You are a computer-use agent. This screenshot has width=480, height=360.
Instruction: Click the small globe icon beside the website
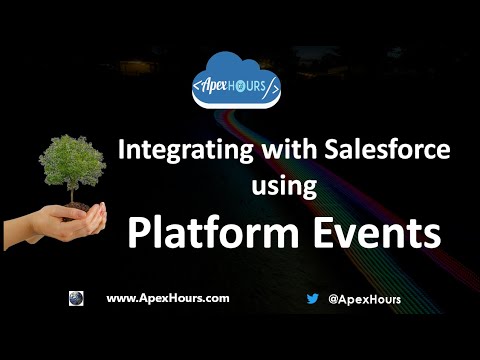click(x=76, y=298)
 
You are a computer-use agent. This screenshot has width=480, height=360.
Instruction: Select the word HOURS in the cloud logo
click(x=256, y=85)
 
